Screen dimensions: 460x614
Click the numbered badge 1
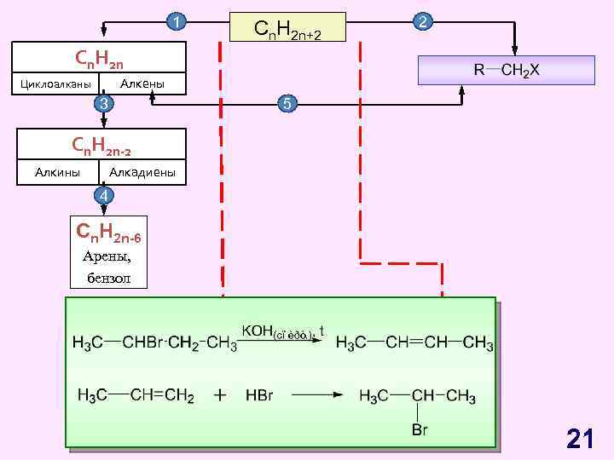tap(176, 21)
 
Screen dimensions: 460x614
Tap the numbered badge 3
tap(102, 104)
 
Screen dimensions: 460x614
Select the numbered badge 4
tap(102, 196)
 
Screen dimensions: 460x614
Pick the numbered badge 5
tap(287, 104)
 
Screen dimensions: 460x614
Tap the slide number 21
tap(580, 439)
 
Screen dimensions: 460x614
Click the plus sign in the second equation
tap(221, 395)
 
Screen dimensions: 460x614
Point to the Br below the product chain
tap(420, 429)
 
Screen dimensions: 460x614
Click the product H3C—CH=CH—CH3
tap(414, 343)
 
